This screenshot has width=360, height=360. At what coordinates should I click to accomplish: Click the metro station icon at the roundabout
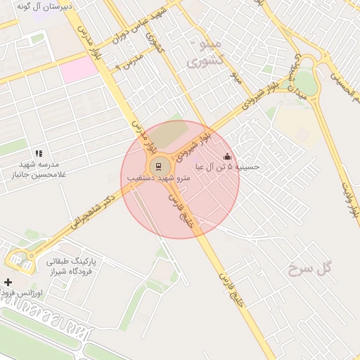(158, 167)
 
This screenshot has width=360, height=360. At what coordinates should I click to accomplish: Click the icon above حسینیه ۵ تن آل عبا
(226, 156)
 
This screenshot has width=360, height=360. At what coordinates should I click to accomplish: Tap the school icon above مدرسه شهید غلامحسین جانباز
(39, 153)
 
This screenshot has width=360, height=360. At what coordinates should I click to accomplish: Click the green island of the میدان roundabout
(305, 81)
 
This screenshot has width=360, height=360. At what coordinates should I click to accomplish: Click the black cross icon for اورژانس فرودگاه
(8, 282)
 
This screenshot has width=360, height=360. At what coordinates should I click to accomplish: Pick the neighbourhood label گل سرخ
(309, 268)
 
